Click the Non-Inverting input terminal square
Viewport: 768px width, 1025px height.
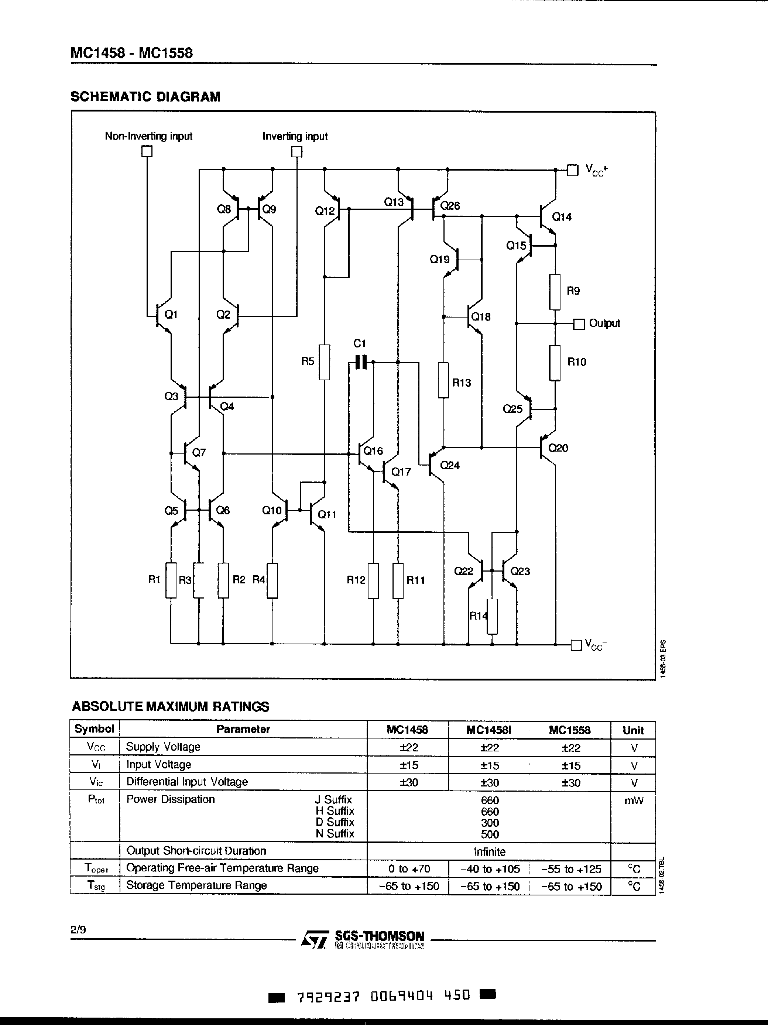(x=147, y=151)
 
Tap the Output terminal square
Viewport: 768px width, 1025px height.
(x=579, y=324)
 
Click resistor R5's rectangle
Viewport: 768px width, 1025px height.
(x=325, y=362)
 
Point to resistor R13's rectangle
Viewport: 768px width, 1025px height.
(x=443, y=380)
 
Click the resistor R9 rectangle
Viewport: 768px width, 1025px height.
(x=555, y=292)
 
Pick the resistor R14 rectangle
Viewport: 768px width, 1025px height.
(x=492, y=616)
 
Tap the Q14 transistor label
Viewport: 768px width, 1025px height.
(x=562, y=217)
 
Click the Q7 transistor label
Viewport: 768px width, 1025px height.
(x=199, y=452)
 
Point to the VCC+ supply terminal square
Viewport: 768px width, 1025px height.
(x=573, y=171)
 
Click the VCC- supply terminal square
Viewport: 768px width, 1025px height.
(x=576, y=645)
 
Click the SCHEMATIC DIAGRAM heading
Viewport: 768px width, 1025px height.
(x=145, y=97)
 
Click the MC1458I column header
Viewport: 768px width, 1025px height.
(x=488, y=730)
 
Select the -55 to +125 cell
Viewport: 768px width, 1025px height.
(x=571, y=869)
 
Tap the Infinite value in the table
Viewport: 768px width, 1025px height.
(x=490, y=852)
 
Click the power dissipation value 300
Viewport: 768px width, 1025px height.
(x=490, y=823)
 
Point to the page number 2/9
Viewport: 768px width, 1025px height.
(x=78, y=929)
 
